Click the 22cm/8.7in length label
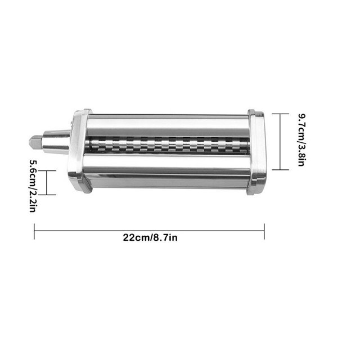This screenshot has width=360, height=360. pos(150,237)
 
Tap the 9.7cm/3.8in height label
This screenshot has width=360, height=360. pos(301,139)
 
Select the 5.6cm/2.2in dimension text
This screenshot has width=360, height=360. pos(34,186)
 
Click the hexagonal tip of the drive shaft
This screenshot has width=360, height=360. pos(35,142)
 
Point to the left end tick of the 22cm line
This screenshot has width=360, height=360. pos(34,231)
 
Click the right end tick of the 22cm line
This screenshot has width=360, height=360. pos(264,231)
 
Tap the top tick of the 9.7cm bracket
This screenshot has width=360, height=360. pos(280,114)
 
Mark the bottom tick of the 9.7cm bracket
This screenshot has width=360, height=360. pos(280,170)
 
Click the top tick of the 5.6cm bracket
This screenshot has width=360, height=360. pos(47,171)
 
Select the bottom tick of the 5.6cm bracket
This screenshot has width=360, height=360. pos(47,195)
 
